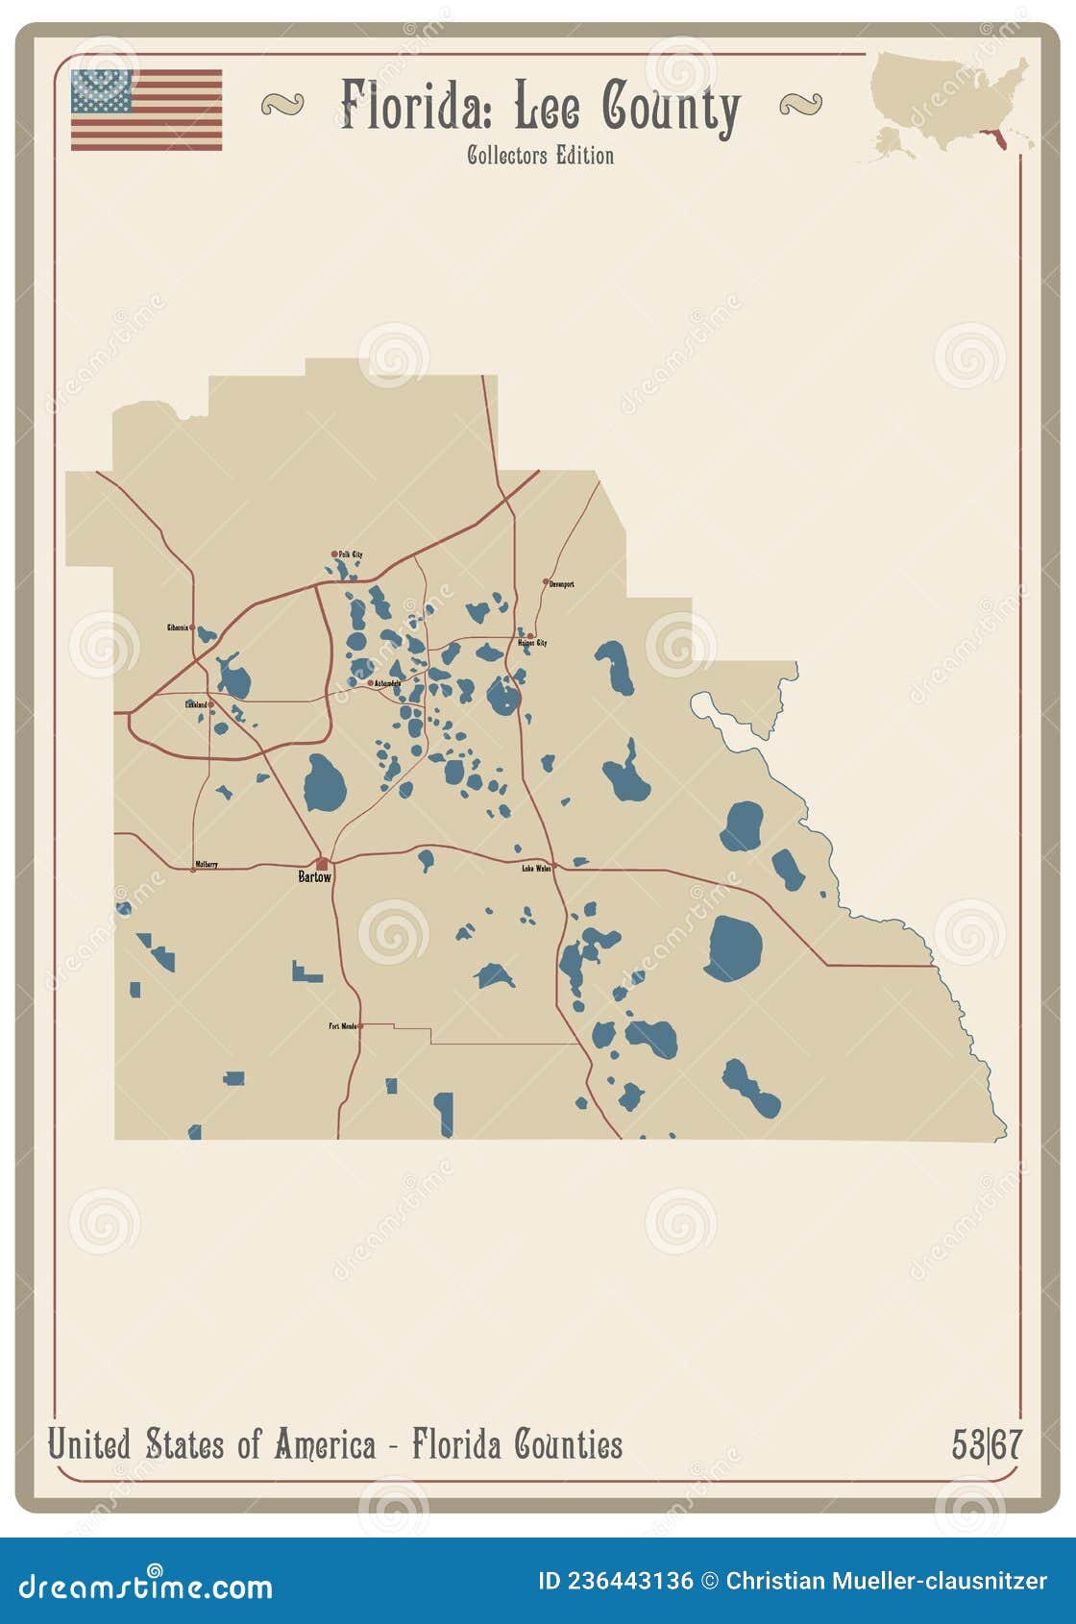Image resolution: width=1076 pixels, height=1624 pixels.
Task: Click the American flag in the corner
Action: [x=146, y=110]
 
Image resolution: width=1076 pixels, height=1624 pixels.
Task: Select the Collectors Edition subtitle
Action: [x=540, y=155]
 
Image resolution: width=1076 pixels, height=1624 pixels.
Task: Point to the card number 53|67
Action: [x=987, y=1444]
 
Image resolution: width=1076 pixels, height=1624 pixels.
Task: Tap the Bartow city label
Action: [x=314, y=877]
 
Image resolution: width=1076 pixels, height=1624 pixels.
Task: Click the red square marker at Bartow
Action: [x=322, y=864]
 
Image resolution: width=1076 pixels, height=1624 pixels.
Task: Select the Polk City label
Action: [x=351, y=554]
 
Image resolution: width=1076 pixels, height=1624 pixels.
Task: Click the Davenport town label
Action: [x=562, y=583]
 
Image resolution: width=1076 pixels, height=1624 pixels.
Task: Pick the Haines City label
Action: [x=532, y=643]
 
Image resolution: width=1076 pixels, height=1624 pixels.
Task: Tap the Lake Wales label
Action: [x=536, y=868]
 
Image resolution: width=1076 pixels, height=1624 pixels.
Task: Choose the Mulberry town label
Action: [x=207, y=864]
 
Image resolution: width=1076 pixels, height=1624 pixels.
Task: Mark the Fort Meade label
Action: [x=342, y=1026]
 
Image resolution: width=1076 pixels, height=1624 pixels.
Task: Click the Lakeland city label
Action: [x=196, y=704]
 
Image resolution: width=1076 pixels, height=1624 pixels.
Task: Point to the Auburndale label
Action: [x=388, y=683]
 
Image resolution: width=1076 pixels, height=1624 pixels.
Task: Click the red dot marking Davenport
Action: [x=546, y=581]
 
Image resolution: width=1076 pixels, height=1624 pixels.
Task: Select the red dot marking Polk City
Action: [x=334, y=554]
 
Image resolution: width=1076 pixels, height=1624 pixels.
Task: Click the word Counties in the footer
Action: [x=568, y=1444]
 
